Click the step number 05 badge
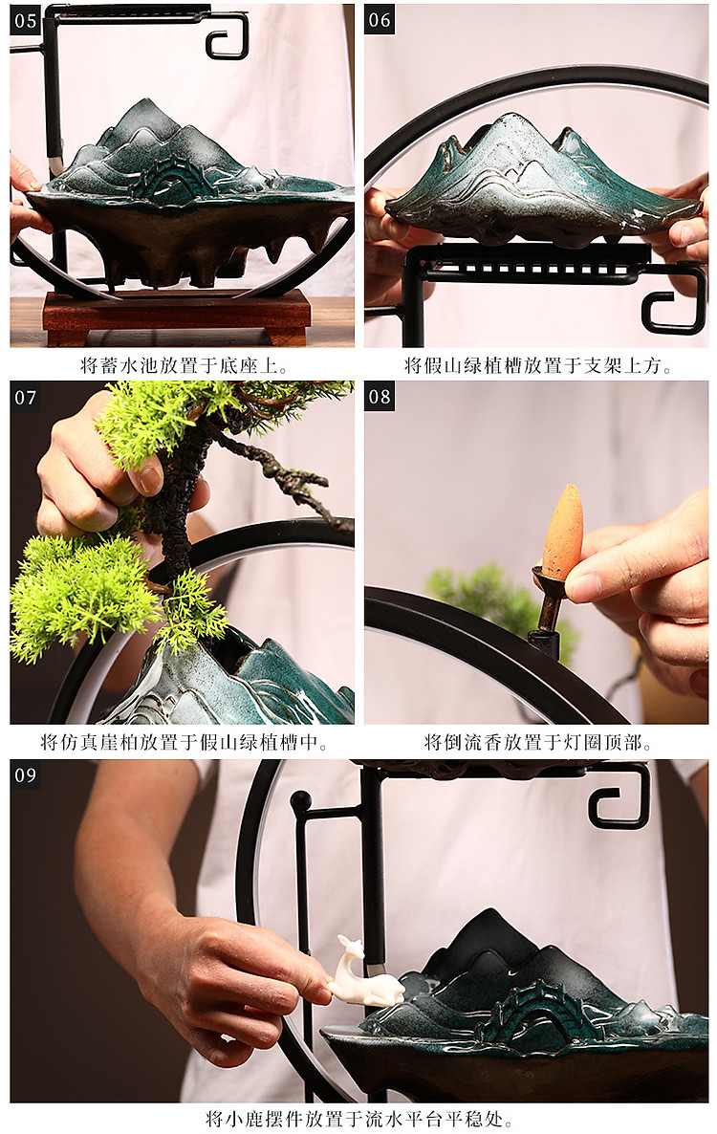click(x=25, y=19)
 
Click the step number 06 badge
click(x=380, y=19)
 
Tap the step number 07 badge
click(x=25, y=397)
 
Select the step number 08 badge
click(x=380, y=397)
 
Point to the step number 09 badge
click(x=25, y=775)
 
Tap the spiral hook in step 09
click(x=619, y=796)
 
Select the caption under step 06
click(x=537, y=365)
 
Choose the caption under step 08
click(x=537, y=743)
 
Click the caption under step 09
click(x=359, y=1119)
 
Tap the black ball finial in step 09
click(x=301, y=800)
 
